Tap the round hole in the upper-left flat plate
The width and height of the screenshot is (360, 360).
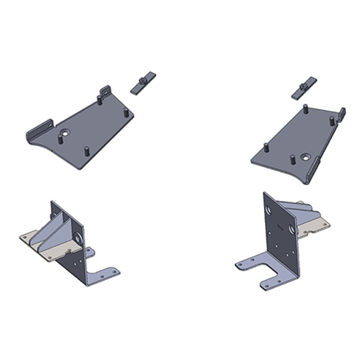[x=66, y=134]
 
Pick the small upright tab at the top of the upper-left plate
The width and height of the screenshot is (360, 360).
[x=105, y=92]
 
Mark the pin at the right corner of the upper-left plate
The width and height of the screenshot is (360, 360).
[x=127, y=113]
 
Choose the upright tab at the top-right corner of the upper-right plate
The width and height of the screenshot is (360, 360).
[x=341, y=114]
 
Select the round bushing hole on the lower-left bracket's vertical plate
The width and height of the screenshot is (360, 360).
[x=78, y=238]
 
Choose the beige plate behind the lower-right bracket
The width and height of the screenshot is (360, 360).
[x=317, y=227]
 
